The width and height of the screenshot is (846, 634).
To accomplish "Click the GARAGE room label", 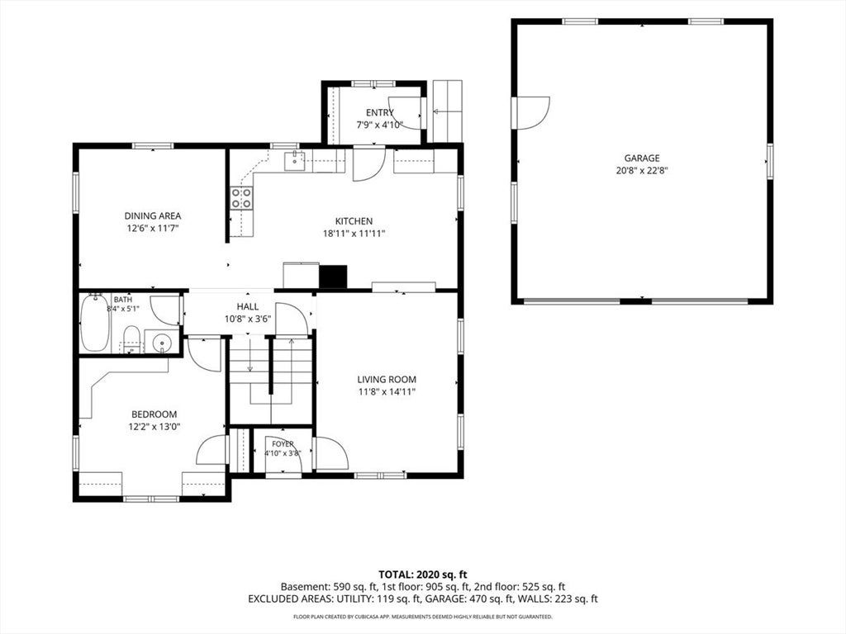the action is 642,158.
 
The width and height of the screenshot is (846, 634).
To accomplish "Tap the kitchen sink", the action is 295,161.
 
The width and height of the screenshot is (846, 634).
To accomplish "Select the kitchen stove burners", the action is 241,197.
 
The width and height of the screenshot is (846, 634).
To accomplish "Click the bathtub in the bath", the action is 96,323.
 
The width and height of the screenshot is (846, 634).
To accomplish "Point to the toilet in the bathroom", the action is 131,339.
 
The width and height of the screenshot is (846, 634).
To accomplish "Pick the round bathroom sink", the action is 161,342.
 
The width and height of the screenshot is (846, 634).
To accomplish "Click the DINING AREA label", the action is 153,216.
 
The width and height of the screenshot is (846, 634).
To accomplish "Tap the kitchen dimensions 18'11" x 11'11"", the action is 354,234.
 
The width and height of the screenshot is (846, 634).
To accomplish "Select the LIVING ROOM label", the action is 387,380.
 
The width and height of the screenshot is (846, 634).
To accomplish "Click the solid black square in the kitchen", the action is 333,277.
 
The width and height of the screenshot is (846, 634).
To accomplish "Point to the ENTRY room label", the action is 380,112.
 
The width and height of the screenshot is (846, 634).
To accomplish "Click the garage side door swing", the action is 533,112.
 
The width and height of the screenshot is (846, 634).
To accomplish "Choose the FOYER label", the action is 283,443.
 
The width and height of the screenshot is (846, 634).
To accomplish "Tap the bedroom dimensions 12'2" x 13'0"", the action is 154,427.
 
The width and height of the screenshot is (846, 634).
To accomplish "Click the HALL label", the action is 248,307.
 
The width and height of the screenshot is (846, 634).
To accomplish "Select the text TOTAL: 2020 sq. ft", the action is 422,575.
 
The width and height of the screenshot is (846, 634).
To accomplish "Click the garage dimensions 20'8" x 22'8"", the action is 642,170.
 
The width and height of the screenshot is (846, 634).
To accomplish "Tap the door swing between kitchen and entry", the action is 369,164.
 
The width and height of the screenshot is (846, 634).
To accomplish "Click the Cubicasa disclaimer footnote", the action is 422,616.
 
